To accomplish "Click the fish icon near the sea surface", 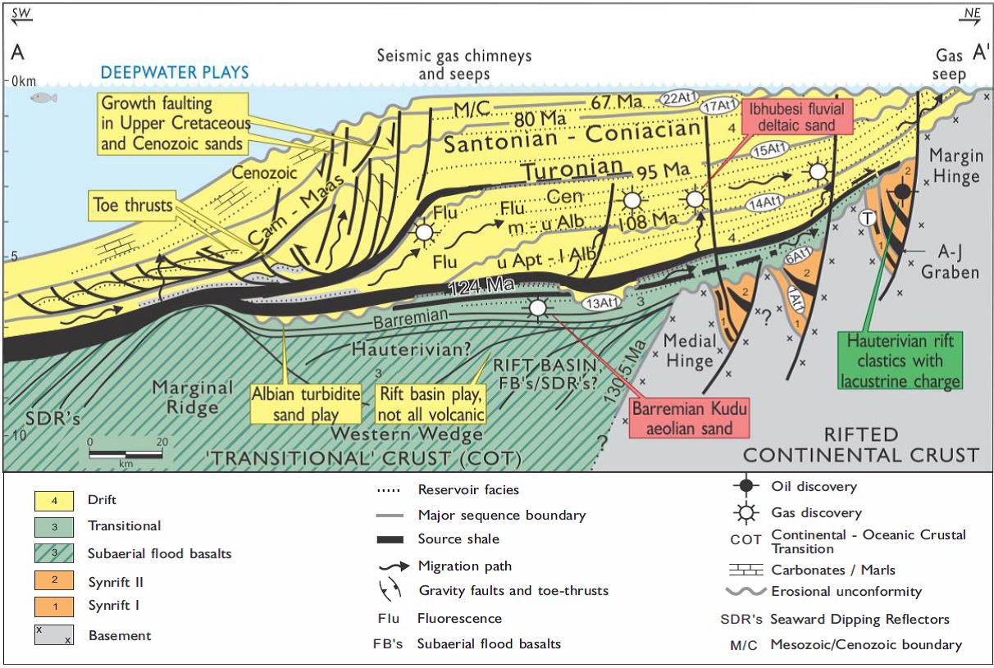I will (x=40, y=98).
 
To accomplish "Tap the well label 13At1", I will (x=602, y=302).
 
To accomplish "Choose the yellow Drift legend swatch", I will (x=53, y=499).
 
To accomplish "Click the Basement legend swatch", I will (x=53, y=634).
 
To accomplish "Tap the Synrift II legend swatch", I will (x=53, y=581).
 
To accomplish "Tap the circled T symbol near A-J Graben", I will (x=866, y=218).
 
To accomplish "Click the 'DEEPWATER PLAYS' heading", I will (x=174, y=72).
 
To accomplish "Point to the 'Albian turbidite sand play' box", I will (x=306, y=403).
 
